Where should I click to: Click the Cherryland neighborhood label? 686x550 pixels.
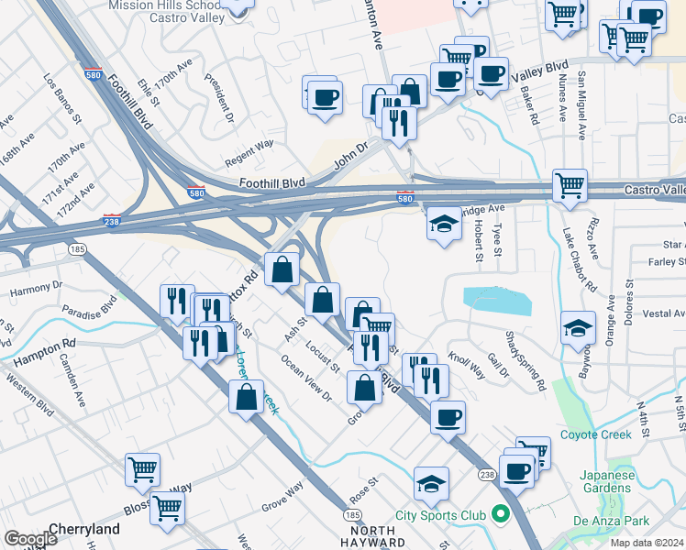85,529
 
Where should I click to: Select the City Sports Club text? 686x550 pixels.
440,515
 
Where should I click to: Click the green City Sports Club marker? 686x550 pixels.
500,514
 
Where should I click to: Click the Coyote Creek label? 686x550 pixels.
596,434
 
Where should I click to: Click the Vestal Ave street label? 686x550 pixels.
658,313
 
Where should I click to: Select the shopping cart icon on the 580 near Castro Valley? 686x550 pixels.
570,186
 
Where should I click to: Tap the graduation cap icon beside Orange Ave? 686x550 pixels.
579,326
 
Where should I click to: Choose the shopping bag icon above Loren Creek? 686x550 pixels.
247,397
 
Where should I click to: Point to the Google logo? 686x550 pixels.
30,540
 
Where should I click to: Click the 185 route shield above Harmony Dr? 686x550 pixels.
72,248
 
